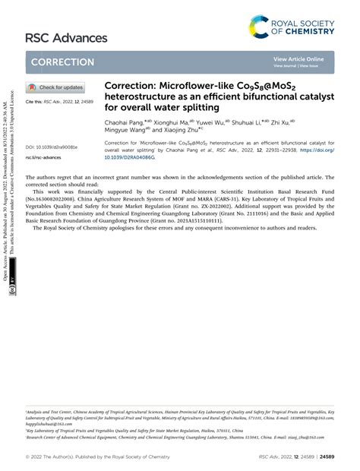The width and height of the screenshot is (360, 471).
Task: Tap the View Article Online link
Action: [298, 58]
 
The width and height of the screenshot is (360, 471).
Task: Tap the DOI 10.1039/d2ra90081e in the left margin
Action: [52, 147]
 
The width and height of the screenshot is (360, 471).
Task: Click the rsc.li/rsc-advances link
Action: [43, 157]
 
